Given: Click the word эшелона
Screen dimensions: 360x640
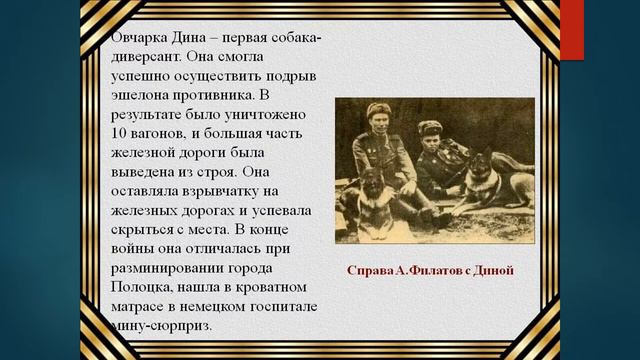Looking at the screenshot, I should (139, 96).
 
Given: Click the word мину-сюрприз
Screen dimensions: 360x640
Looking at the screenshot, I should (159, 327).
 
